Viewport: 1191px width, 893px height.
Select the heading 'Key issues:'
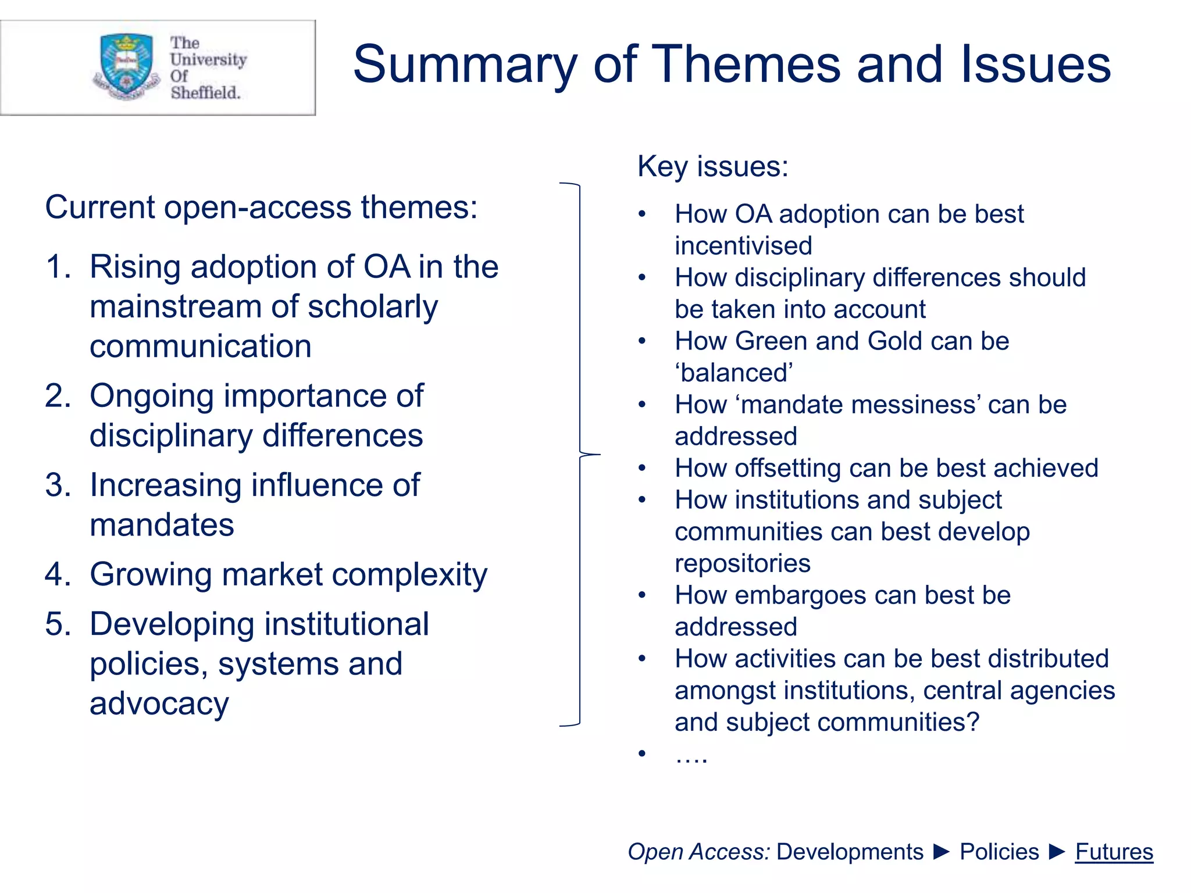pos(713,166)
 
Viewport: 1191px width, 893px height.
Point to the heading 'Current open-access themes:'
pos(261,207)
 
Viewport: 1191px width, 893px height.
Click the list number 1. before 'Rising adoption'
pos(58,267)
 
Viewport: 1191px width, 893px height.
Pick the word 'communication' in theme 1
pos(201,347)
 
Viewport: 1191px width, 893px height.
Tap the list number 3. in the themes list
pos(58,485)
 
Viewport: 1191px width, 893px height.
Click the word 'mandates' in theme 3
pos(162,525)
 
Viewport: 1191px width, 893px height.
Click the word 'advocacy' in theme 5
pos(159,704)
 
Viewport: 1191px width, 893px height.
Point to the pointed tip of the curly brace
pos(598,454)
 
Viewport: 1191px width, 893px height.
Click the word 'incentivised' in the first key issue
pos(743,246)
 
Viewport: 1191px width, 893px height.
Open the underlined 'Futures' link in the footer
pos(1114,852)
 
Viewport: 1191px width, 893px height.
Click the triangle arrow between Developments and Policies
pos(941,852)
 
